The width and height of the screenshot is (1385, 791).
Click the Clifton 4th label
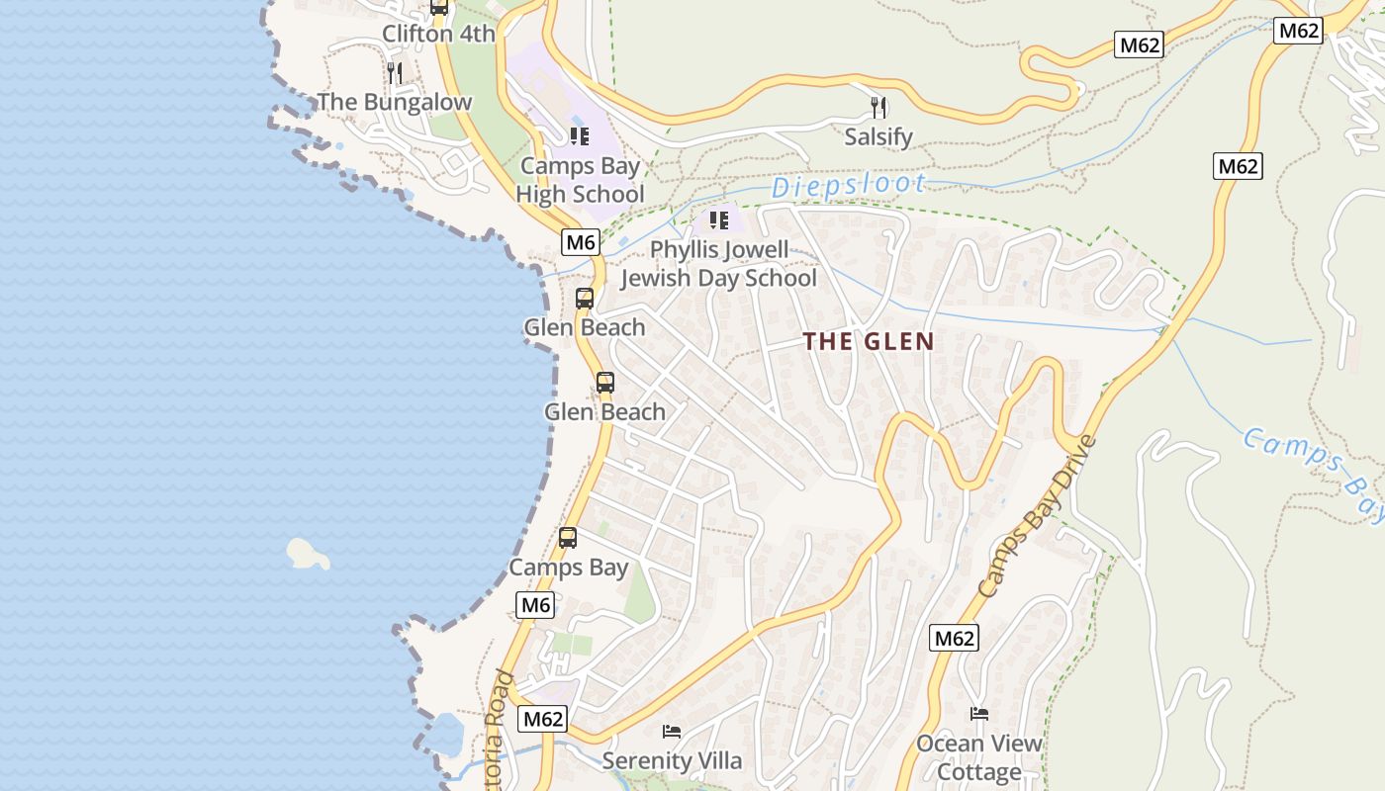click(438, 34)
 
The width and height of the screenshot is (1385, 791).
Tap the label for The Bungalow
click(395, 102)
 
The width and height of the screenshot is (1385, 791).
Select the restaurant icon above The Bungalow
click(395, 72)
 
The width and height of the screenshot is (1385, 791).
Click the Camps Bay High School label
click(580, 180)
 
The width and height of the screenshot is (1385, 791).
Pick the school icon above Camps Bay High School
click(580, 136)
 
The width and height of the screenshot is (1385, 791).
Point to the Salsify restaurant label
click(878, 136)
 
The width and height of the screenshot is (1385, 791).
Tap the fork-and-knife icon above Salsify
click(878, 107)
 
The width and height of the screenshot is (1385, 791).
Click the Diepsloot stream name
click(849, 185)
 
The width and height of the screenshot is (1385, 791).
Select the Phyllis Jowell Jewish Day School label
click(719, 264)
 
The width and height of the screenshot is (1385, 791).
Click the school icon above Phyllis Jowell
click(719, 220)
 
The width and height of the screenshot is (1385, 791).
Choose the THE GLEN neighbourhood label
click(869, 342)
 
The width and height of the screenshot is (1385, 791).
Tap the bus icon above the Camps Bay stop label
click(568, 538)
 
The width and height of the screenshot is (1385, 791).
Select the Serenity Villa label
click(672, 760)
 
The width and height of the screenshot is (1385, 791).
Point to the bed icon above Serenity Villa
click(672, 732)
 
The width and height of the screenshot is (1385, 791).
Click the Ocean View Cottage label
click(979, 757)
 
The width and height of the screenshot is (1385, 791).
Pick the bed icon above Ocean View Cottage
click(979, 714)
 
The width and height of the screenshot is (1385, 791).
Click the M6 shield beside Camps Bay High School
click(581, 241)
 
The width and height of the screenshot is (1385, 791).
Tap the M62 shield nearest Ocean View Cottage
click(955, 638)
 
